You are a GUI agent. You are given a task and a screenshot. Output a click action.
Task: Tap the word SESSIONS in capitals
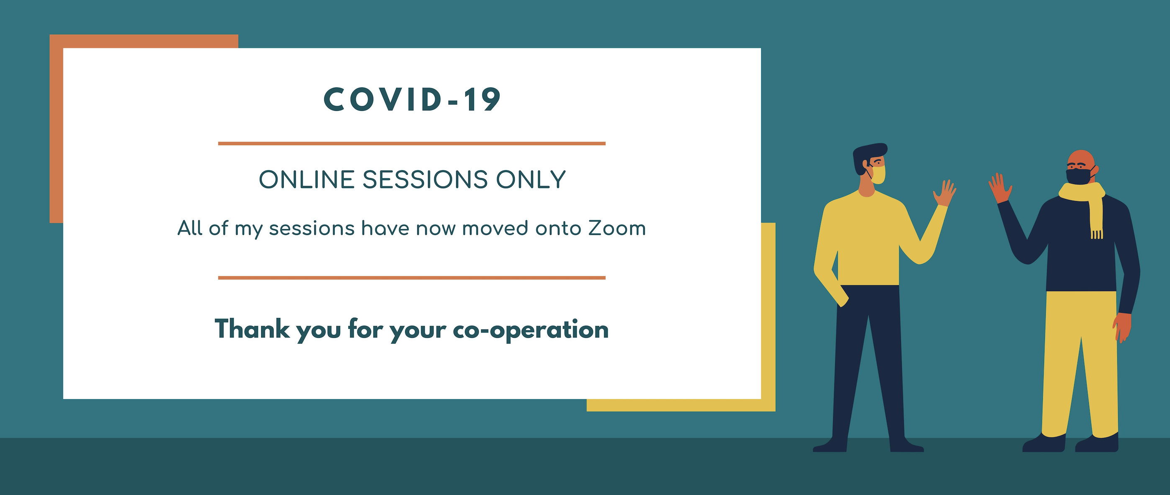click(425, 180)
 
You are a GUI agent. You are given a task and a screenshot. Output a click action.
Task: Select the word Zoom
click(617, 228)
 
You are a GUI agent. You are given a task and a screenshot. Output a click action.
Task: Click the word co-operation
click(531, 331)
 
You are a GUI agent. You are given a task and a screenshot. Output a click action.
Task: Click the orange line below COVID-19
click(411, 143)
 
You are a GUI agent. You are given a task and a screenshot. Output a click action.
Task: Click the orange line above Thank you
click(411, 278)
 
